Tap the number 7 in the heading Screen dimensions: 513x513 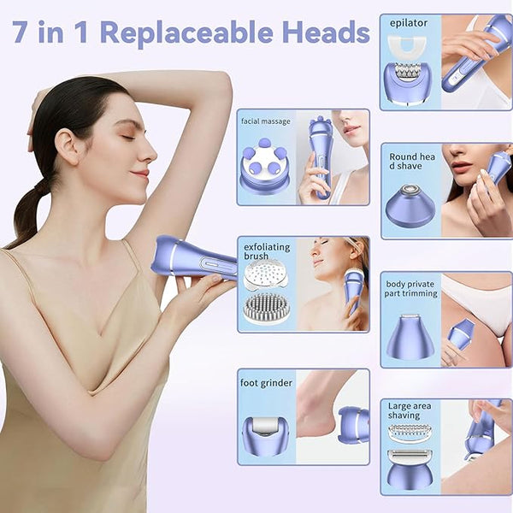click(20, 32)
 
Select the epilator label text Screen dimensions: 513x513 click(409, 24)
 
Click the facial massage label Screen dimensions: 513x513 click(266, 121)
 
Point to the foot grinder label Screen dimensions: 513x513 click(266, 383)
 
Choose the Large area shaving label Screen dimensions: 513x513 click(410, 410)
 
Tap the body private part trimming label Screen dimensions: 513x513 click(410, 289)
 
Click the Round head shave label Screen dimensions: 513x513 click(412, 162)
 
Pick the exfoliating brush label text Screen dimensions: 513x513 click(267, 251)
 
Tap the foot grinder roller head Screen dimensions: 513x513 click(266, 436)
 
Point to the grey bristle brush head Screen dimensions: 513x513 click(267, 308)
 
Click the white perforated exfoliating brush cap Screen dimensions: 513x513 click(266, 274)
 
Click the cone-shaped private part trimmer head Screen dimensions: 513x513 click(410, 337)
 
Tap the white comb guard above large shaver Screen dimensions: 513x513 click(410, 433)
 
